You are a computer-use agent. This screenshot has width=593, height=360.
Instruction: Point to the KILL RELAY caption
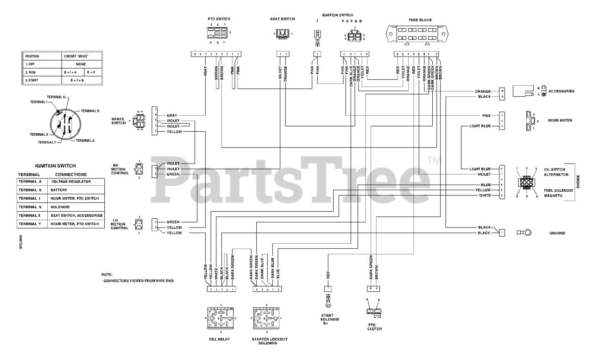pos(220,340)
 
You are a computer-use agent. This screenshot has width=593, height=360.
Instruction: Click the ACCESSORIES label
pos(561,91)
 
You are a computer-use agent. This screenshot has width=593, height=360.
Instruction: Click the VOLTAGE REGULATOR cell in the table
pos(74,182)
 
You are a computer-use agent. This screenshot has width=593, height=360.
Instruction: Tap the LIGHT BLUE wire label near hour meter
pos(479,126)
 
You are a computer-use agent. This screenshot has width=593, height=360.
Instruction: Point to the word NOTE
pos(107,274)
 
